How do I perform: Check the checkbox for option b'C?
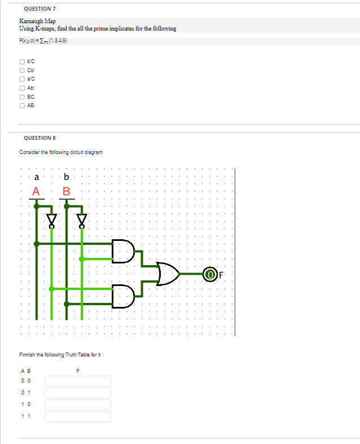(22, 61)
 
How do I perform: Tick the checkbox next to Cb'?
(22, 70)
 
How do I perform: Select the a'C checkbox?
(22, 79)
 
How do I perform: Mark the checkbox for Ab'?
(22, 87)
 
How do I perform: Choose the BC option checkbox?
(22, 96)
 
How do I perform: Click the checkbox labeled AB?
(22, 105)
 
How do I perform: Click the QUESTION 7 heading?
(39, 9)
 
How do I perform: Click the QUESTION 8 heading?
(39, 138)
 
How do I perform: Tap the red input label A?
(36, 191)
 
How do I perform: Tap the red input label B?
(66, 191)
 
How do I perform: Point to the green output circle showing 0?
(210, 274)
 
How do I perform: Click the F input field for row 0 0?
(78, 381)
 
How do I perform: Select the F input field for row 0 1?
(78, 393)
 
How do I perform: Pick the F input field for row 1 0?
(78, 405)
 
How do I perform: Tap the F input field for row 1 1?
(78, 416)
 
